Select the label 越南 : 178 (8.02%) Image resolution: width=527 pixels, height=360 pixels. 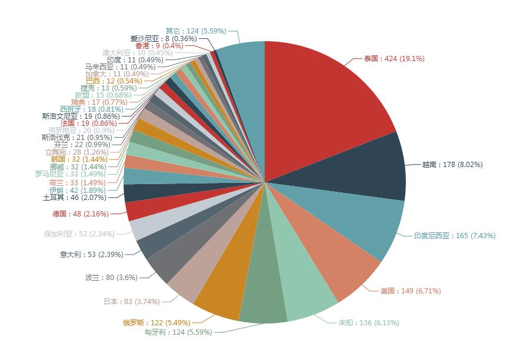pyautogui.click(x=452, y=165)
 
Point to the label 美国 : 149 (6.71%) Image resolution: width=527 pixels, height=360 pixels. pyautogui.click(x=411, y=291)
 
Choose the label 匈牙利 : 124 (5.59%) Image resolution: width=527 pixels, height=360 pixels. pyautogui.click(x=178, y=332)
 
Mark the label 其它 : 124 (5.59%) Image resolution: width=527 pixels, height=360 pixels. pyautogui.click(x=196, y=31)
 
